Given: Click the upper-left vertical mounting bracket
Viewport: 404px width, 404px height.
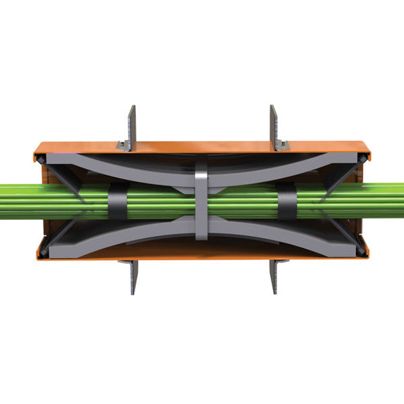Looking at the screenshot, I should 131,125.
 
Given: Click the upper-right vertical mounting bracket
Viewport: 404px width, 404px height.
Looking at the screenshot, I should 274,125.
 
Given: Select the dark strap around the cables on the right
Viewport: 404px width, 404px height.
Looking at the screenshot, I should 287,202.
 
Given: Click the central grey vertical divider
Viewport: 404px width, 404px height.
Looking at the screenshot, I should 201,200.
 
